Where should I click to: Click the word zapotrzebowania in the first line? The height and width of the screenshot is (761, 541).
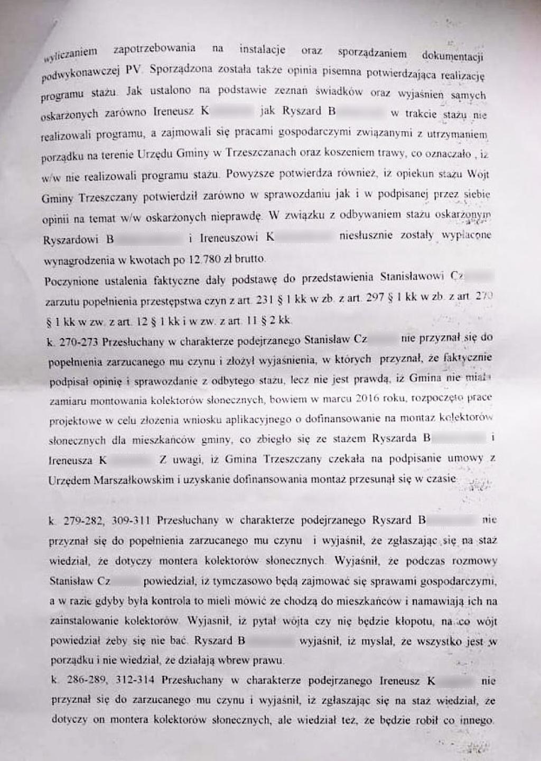[154, 49]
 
